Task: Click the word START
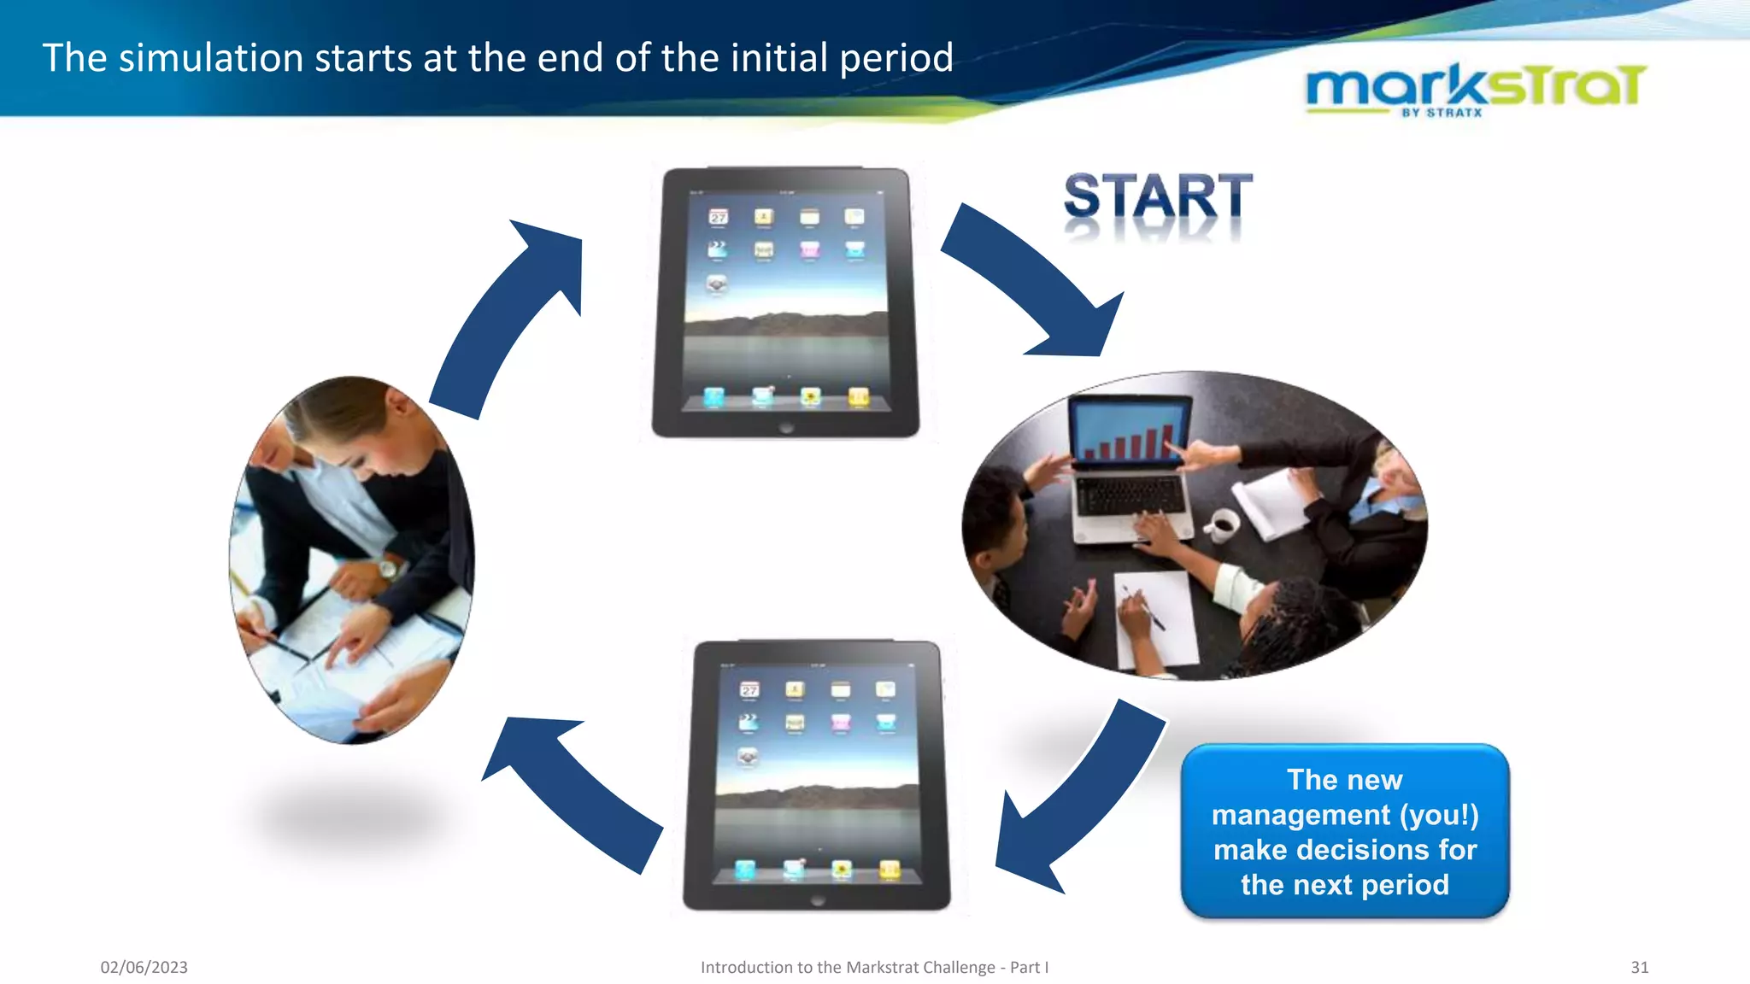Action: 1157,196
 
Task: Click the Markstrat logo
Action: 1475,88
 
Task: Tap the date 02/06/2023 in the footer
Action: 144,967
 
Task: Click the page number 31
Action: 1639,967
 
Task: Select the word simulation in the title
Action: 211,58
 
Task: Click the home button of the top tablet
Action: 786,427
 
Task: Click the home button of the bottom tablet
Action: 818,900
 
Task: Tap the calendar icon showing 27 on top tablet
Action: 719,217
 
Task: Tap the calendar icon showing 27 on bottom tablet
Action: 749,689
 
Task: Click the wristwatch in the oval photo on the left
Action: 389,568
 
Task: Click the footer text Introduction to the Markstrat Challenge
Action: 873,967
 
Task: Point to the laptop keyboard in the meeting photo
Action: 1130,496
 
